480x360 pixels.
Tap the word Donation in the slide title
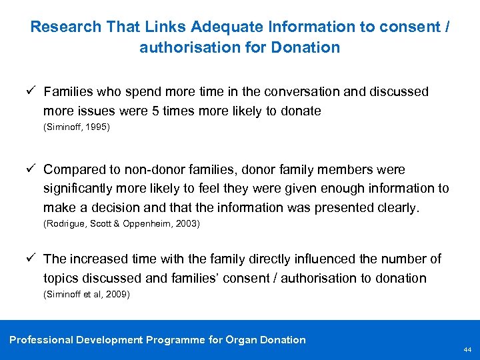point(308,47)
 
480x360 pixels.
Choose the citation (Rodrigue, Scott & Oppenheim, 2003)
point(121,224)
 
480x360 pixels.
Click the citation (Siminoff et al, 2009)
point(86,293)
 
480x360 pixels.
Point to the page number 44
point(467,349)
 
